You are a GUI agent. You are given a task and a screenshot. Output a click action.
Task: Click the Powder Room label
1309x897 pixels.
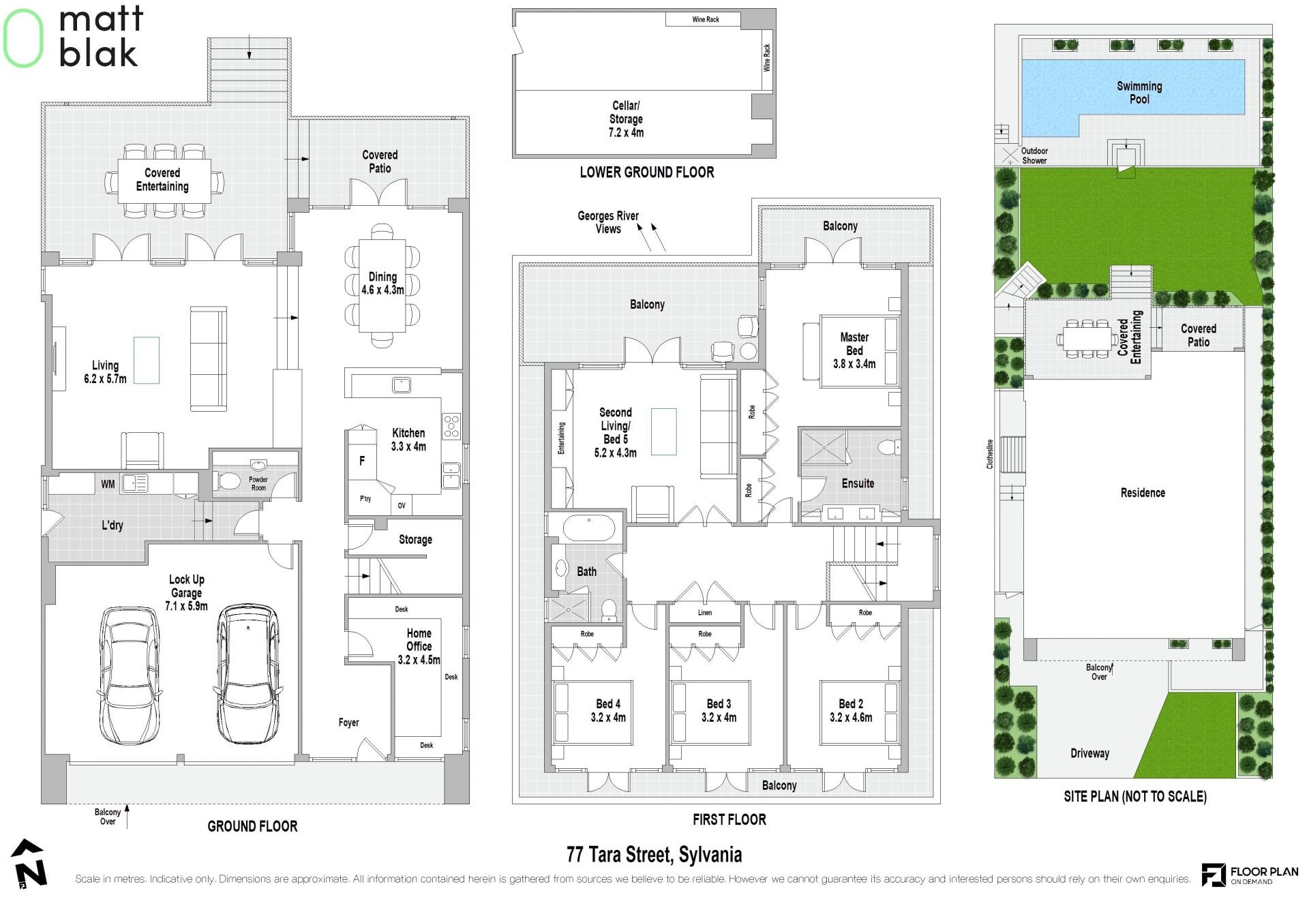pos(258,483)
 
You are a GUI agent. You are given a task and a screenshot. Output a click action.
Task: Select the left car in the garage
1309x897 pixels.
pos(131,675)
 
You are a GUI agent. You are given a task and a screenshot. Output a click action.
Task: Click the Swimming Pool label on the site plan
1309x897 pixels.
pos(1139,93)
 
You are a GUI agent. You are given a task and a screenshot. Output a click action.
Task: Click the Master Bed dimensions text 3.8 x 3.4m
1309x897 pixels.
pos(854,364)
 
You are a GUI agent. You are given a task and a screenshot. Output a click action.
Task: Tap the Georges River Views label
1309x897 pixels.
pos(608,222)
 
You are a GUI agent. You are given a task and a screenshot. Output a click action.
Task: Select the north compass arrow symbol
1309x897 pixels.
pos(29,864)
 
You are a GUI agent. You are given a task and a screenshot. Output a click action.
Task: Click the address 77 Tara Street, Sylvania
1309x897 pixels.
pos(654,854)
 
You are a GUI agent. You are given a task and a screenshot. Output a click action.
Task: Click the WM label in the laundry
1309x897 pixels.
pos(108,485)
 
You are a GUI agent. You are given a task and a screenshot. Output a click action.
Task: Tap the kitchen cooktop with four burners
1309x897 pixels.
pos(451,426)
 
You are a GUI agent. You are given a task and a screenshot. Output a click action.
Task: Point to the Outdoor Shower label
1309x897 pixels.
pos(1034,155)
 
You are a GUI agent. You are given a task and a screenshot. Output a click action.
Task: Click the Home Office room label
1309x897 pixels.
pos(419,640)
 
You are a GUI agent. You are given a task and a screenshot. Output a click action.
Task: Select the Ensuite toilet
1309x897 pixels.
pos(888,447)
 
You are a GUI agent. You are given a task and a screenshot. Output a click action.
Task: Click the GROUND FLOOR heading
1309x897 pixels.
pos(252,826)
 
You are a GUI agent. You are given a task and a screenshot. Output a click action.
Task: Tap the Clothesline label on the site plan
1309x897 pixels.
pos(990,454)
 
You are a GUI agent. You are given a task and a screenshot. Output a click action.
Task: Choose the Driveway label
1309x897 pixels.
pos(1089,753)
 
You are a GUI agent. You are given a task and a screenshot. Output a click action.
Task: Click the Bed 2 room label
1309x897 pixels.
pos(851,703)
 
